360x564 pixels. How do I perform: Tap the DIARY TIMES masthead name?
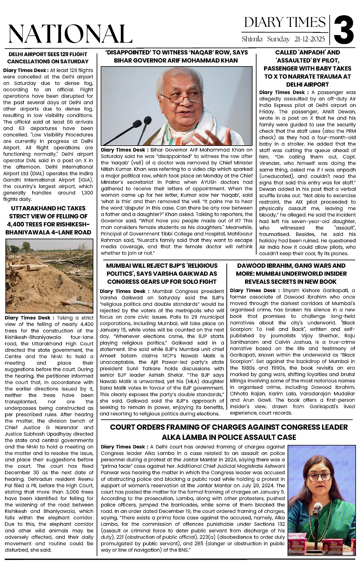tap(285, 22)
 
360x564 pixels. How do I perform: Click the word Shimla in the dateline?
tap(252, 39)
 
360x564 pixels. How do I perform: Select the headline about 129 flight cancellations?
tap(48, 58)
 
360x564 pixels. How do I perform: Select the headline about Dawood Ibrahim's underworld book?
tap(291, 273)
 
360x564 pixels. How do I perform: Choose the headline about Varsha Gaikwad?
tap(162, 273)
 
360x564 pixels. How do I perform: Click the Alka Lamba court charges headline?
tap(229, 432)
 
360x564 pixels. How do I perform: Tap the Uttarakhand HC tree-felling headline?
tap(48, 220)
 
